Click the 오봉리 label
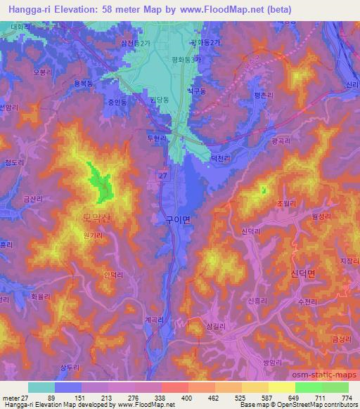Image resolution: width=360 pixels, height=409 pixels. pyautogui.click(x=43, y=71)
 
